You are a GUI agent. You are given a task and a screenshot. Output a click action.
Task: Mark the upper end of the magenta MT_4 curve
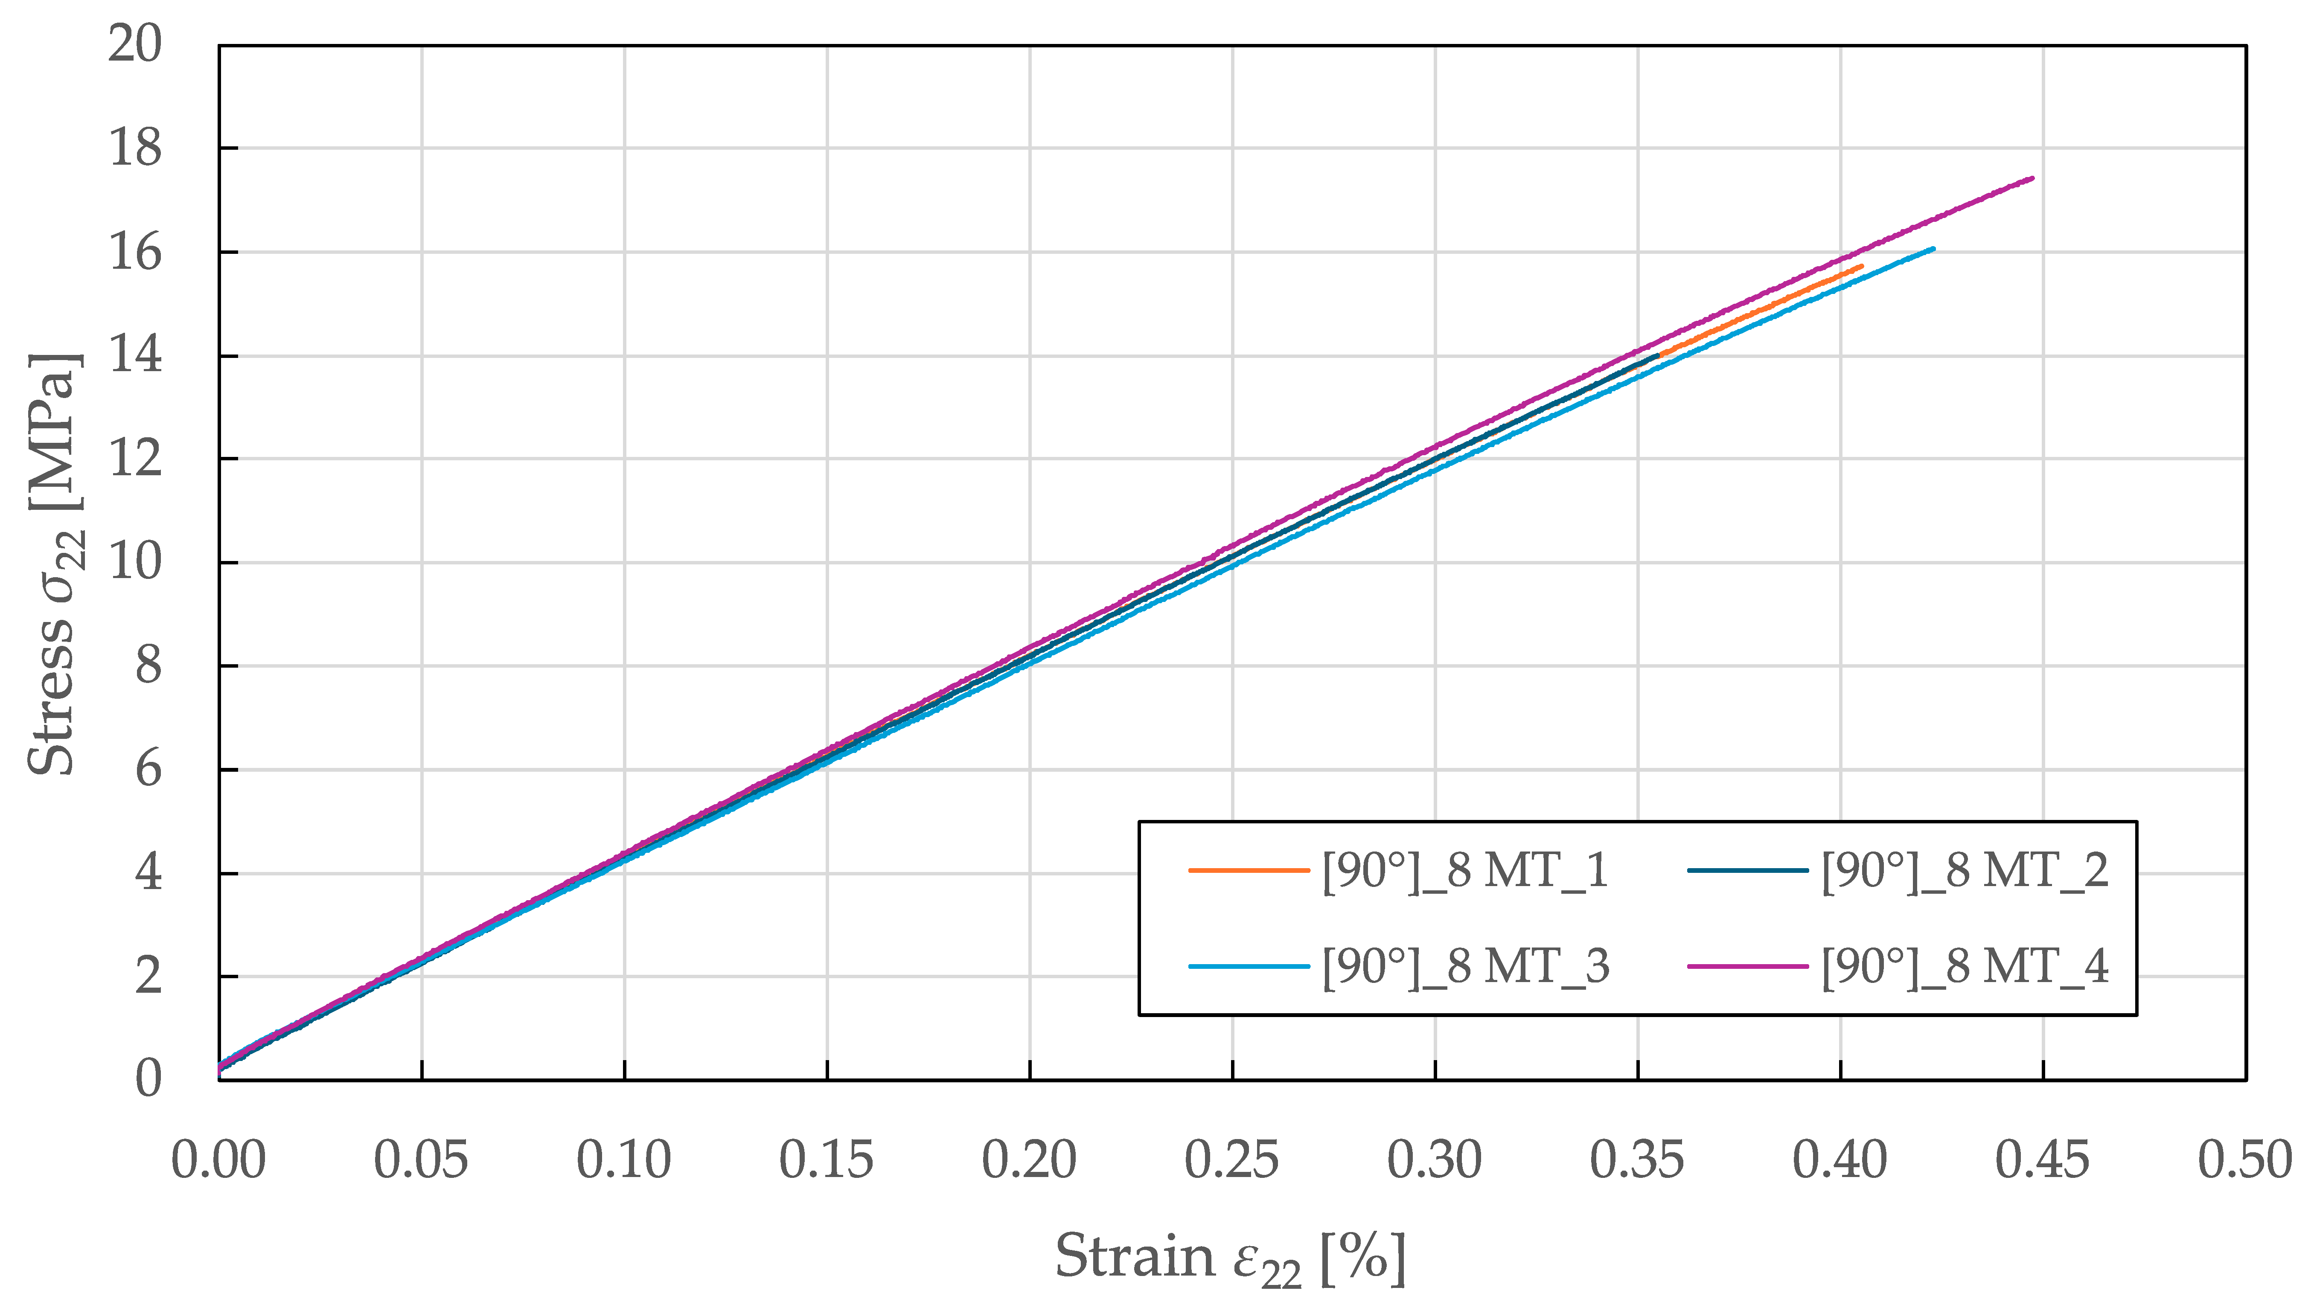pos(2032,178)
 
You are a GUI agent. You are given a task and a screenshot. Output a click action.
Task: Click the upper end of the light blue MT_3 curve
pos(1933,248)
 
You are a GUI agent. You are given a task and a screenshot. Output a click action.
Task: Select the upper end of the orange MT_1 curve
pos(1863,266)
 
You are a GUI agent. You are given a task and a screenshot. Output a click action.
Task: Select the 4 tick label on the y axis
pos(148,873)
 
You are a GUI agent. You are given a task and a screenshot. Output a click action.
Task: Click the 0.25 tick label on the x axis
pos(1232,1161)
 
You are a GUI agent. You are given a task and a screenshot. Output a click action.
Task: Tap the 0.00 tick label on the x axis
pos(219,1161)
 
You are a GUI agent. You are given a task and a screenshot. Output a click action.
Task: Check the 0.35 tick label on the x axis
pos(1637,1161)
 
